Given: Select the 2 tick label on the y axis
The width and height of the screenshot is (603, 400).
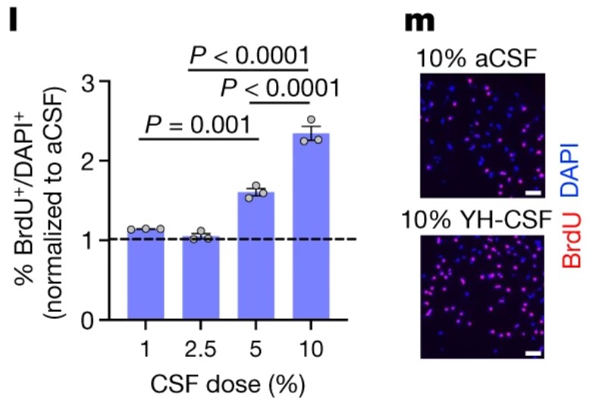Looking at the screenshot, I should [105, 161].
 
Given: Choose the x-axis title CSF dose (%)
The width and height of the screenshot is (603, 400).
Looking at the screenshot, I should [228, 380].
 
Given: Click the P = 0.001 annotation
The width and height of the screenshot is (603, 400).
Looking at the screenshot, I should [199, 124].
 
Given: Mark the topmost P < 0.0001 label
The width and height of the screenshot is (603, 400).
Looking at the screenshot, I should [250, 55].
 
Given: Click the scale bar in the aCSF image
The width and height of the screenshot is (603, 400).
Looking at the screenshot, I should [532, 194].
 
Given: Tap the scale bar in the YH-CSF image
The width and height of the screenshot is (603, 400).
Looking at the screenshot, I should [532, 353].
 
